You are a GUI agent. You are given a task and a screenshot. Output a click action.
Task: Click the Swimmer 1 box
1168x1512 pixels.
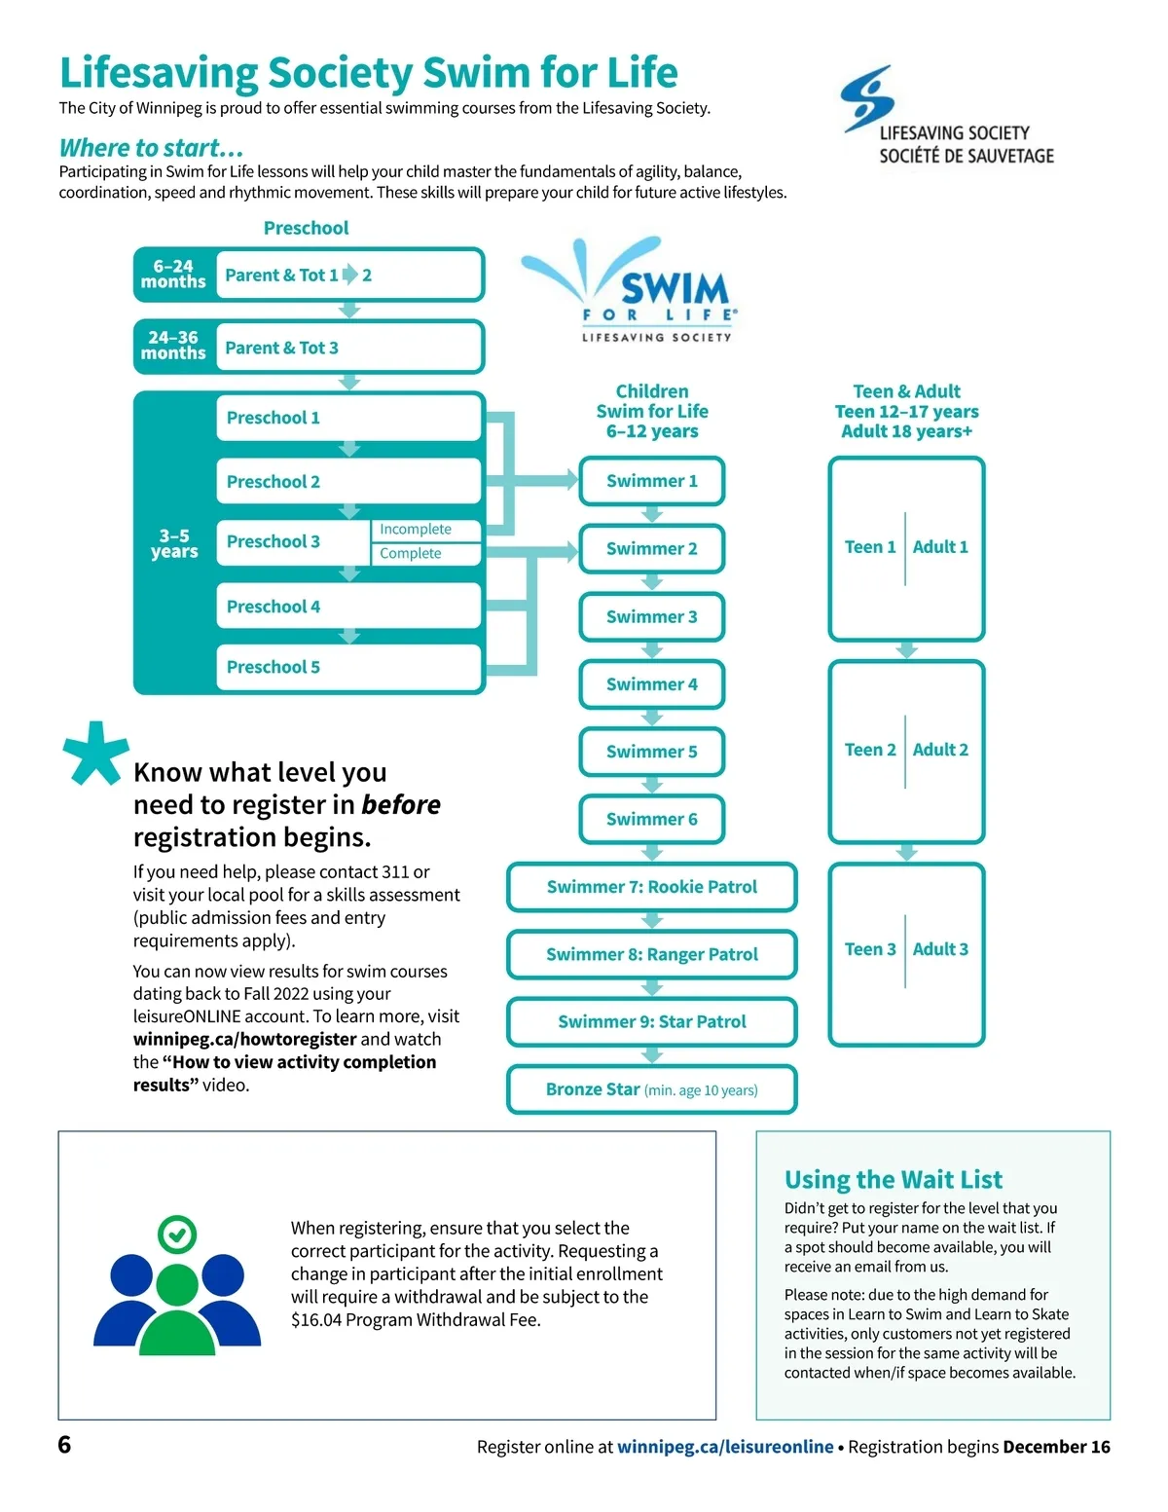point(651,481)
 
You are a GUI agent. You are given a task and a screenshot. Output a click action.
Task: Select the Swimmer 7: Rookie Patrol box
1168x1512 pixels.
point(651,887)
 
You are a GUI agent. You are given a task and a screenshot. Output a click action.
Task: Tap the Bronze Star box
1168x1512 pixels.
point(651,1089)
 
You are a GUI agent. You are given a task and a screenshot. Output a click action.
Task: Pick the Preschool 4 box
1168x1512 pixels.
point(348,607)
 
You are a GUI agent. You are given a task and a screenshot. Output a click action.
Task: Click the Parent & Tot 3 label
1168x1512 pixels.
point(281,348)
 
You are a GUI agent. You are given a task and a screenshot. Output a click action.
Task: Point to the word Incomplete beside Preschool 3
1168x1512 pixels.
point(416,530)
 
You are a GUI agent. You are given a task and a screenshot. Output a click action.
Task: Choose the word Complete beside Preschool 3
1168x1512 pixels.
point(411,553)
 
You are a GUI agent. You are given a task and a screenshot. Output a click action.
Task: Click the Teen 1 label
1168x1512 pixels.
point(870,547)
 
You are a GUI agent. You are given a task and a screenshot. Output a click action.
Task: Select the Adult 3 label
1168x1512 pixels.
point(940,949)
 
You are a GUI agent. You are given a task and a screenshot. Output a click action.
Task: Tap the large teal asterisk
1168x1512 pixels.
point(94,753)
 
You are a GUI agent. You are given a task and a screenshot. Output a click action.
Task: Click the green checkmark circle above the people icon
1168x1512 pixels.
point(176,1235)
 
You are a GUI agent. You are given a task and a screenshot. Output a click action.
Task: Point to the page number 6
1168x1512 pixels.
point(64,1444)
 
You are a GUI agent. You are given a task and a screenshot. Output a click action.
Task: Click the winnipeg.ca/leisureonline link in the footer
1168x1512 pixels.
point(725,1447)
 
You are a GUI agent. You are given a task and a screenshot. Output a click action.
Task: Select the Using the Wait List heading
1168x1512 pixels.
point(893,1180)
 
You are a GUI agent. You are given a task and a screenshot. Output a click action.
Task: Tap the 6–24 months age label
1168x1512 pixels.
point(173,274)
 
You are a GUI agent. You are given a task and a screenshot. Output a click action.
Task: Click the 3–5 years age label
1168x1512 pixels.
point(174,543)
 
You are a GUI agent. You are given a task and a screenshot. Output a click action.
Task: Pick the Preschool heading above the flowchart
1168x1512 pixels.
point(306,228)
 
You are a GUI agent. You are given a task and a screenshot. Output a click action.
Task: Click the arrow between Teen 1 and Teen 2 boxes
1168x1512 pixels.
point(906,649)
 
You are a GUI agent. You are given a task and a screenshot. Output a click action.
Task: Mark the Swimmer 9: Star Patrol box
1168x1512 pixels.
point(651,1022)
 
